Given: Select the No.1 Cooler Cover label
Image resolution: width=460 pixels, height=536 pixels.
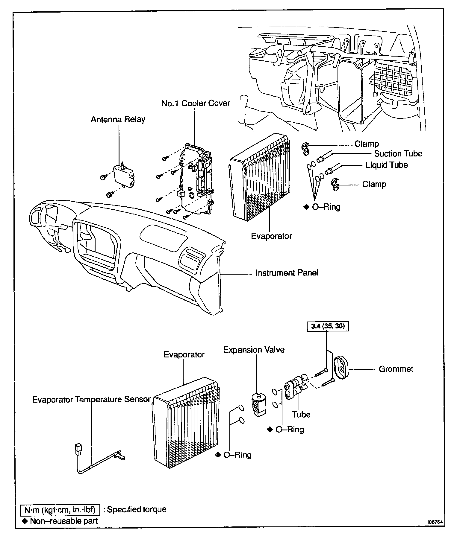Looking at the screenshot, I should (196, 103).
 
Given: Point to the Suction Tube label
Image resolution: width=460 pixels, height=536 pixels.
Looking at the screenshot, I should (398, 154).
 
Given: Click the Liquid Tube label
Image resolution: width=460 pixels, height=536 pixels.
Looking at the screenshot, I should (386, 165).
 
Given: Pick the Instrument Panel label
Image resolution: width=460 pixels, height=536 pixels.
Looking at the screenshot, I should (287, 273).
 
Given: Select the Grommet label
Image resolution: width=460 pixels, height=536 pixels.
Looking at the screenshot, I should (396, 369).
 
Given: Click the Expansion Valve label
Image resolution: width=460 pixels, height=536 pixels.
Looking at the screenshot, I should (254, 350).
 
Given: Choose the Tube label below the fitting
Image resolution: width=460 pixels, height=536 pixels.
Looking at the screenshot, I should (301, 415).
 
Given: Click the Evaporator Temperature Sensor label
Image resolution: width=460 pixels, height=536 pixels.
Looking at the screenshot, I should (91, 400).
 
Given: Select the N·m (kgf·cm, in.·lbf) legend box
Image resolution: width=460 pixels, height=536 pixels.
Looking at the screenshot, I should (60, 509).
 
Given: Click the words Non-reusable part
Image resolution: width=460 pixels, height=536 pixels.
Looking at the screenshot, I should (64, 521).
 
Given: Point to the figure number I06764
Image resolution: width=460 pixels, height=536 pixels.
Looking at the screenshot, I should (435, 522).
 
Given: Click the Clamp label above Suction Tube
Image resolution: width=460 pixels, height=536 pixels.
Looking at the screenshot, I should (367, 144).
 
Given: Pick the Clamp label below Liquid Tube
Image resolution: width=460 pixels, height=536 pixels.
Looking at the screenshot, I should (374, 184).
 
